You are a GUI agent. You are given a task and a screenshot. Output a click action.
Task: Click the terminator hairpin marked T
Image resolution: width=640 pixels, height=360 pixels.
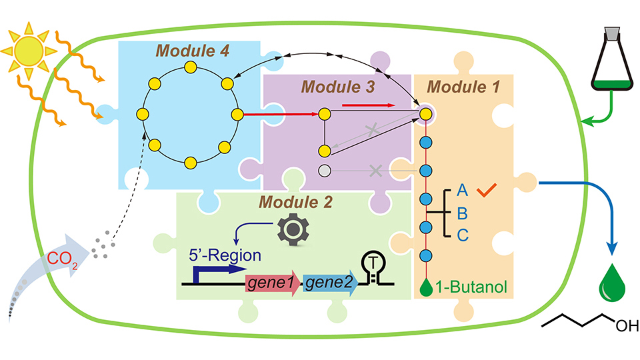pyautogui.click(x=371, y=267)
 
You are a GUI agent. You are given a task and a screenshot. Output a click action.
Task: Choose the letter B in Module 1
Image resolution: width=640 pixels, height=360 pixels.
pyautogui.click(x=461, y=213)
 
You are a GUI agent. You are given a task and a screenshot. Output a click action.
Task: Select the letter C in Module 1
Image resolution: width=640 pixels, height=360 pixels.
pyautogui.click(x=461, y=234)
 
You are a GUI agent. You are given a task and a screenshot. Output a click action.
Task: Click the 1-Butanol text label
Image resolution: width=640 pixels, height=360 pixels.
pyautogui.click(x=471, y=288)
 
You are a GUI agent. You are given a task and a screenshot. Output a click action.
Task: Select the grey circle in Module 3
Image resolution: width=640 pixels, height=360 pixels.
pyautogui.click(x=325, y=171)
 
